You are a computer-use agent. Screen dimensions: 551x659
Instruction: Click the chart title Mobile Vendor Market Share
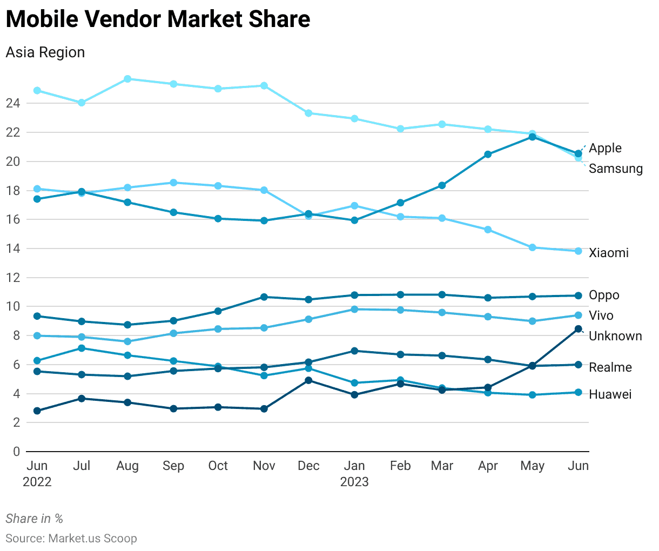158,19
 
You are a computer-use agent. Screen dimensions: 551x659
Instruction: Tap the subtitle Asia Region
45,52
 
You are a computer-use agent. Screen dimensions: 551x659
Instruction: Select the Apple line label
605,148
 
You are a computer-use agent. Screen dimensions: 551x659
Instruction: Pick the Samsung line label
615,169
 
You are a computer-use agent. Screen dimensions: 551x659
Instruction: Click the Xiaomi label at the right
608,253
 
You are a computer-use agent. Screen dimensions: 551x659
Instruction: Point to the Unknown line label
615,336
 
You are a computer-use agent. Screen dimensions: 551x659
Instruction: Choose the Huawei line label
610,394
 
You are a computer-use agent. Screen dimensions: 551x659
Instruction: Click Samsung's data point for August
127,79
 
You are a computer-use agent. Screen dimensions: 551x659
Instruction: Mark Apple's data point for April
488,154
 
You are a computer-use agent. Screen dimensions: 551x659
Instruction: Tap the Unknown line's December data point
308,380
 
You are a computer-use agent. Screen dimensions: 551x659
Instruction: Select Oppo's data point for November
264,297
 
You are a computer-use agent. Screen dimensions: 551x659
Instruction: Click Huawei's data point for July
82,348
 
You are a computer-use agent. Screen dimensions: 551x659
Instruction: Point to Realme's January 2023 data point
354,351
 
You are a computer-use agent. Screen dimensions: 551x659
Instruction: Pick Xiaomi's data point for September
173,183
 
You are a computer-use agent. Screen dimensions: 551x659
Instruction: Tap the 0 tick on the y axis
16,452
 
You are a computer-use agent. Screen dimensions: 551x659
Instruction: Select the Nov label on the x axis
264,466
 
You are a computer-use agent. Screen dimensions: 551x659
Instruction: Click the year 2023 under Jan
354,482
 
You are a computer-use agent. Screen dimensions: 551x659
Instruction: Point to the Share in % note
35,519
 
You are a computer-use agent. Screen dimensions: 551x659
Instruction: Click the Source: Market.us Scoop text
71,539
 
